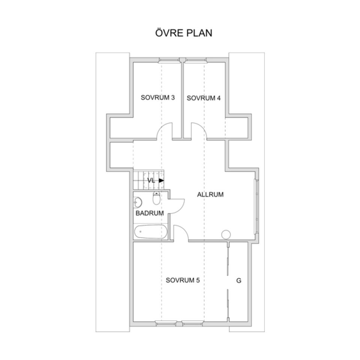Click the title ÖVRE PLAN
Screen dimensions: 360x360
pyautogui.click(x=184, y=33)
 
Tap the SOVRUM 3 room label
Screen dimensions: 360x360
pyautogui.click(x=158, y=97)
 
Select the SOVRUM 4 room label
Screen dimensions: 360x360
pyautogui.click(x=204, y=98)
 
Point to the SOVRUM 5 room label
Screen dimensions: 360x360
pyautogui.click(x=183, y=280)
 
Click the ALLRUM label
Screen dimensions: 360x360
pyautogui.click(x=210, y=195)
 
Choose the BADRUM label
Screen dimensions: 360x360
pyautogui.click(x=150, y=213)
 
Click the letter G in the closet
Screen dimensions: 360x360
pyautogui.click(x=239, y=280)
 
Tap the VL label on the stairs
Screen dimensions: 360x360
pyautogui.click(x=151, y=180)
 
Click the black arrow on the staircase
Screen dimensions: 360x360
pyautogui.click(x=161, y=180)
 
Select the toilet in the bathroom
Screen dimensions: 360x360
pyautogui.click(x=157, y=198)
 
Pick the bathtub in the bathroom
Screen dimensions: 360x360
pyautogui.click(x=151, y=232)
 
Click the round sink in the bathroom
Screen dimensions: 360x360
pyautogui.click(x=138, y=202)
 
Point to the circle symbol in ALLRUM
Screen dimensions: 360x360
pyautogui.click(x=226, y=234)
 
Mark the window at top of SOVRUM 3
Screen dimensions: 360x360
pyautogui.click(x=169, y=60)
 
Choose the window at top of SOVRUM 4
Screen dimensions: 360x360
pyautogui.click(x=196, y=60)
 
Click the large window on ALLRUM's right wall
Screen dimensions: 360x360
pyautogui.click(x=256, y=207)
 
